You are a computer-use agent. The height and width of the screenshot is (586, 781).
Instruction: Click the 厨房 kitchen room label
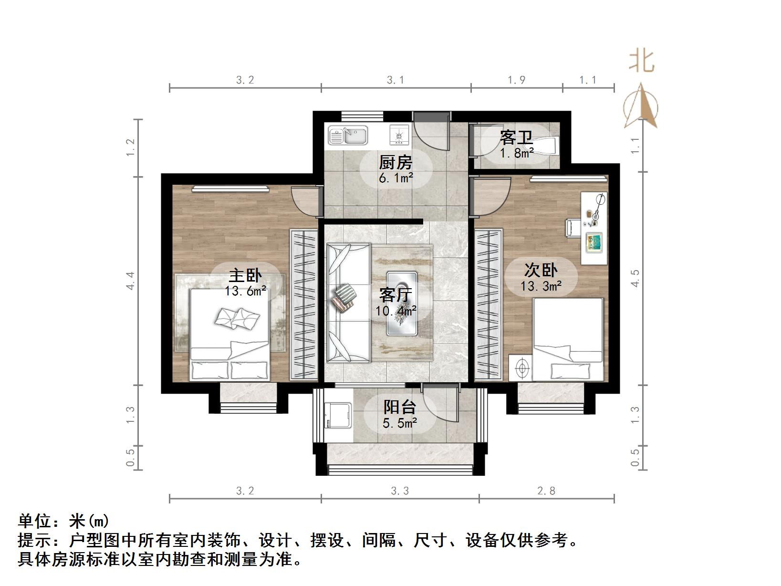tap(395, 163)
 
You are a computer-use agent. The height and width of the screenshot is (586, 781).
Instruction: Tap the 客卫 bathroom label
tap(516, 138)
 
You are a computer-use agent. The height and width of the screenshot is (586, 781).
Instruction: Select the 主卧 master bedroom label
tap(245, 276)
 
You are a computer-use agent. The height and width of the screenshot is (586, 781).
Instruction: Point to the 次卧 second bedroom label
tap(541, 270)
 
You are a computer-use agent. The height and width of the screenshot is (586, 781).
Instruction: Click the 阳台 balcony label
tap(400, 407)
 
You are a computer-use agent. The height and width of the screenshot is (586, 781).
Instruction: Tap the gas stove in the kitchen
tap(399, 135)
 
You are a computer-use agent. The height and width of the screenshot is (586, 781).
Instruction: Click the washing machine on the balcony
tap(338, 416)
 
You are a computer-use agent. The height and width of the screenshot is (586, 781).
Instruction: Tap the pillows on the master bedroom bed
tap(237, 318)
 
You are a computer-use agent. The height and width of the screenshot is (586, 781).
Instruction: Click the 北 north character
tap(641, 62)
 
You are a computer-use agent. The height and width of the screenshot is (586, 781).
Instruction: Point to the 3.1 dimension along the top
tap(396, 80)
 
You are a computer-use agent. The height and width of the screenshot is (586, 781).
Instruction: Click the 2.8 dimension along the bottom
tap(546, 491)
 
